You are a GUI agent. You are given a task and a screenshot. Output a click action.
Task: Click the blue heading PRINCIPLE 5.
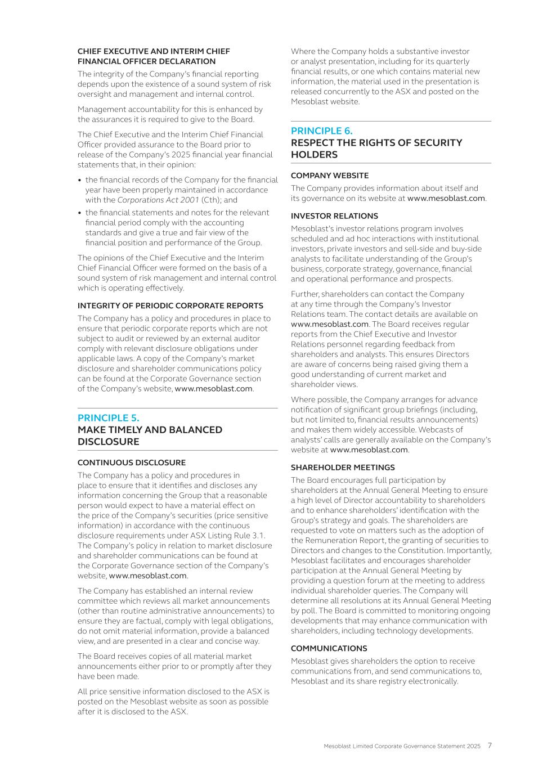coord(108,418)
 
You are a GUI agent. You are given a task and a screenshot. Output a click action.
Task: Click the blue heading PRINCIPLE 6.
coord(321,131)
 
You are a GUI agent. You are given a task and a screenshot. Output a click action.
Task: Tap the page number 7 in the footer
coord(490,745)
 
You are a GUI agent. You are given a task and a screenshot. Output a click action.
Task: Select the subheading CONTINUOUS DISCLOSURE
coord(131,462)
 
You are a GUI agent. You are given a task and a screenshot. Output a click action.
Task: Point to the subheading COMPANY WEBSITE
coord(330,176)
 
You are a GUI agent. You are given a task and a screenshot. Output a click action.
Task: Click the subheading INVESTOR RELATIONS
coord(334,216)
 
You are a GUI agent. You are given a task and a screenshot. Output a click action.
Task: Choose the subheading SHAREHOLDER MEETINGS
coord(343,468)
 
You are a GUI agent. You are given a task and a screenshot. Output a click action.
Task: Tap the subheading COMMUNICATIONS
coord(329,648)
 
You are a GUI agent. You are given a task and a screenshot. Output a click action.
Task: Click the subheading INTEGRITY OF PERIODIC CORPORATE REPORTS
coord(170,306)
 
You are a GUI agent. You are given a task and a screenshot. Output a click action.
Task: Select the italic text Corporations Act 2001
coord(158,200)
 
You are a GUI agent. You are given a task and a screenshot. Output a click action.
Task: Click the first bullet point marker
coord(80,180)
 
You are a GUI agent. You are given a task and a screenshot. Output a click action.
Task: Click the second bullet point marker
coord(80,213)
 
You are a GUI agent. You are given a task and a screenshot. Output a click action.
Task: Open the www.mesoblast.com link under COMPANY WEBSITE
coord(446,198)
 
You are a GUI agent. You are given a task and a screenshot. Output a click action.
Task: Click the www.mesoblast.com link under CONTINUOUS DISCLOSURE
coord(147,576)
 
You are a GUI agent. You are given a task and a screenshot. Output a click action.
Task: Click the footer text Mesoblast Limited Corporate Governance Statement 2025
coord(402,746)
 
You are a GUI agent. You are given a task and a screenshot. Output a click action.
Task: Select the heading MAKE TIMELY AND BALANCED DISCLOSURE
coord(150,435)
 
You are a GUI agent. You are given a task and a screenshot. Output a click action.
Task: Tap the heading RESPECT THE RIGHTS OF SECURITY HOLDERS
coord(376,149)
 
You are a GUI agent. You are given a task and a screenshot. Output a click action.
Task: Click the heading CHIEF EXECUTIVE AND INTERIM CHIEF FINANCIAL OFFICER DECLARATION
coord(154,56)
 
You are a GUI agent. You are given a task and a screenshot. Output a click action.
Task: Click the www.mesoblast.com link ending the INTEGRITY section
coord(213,389)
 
